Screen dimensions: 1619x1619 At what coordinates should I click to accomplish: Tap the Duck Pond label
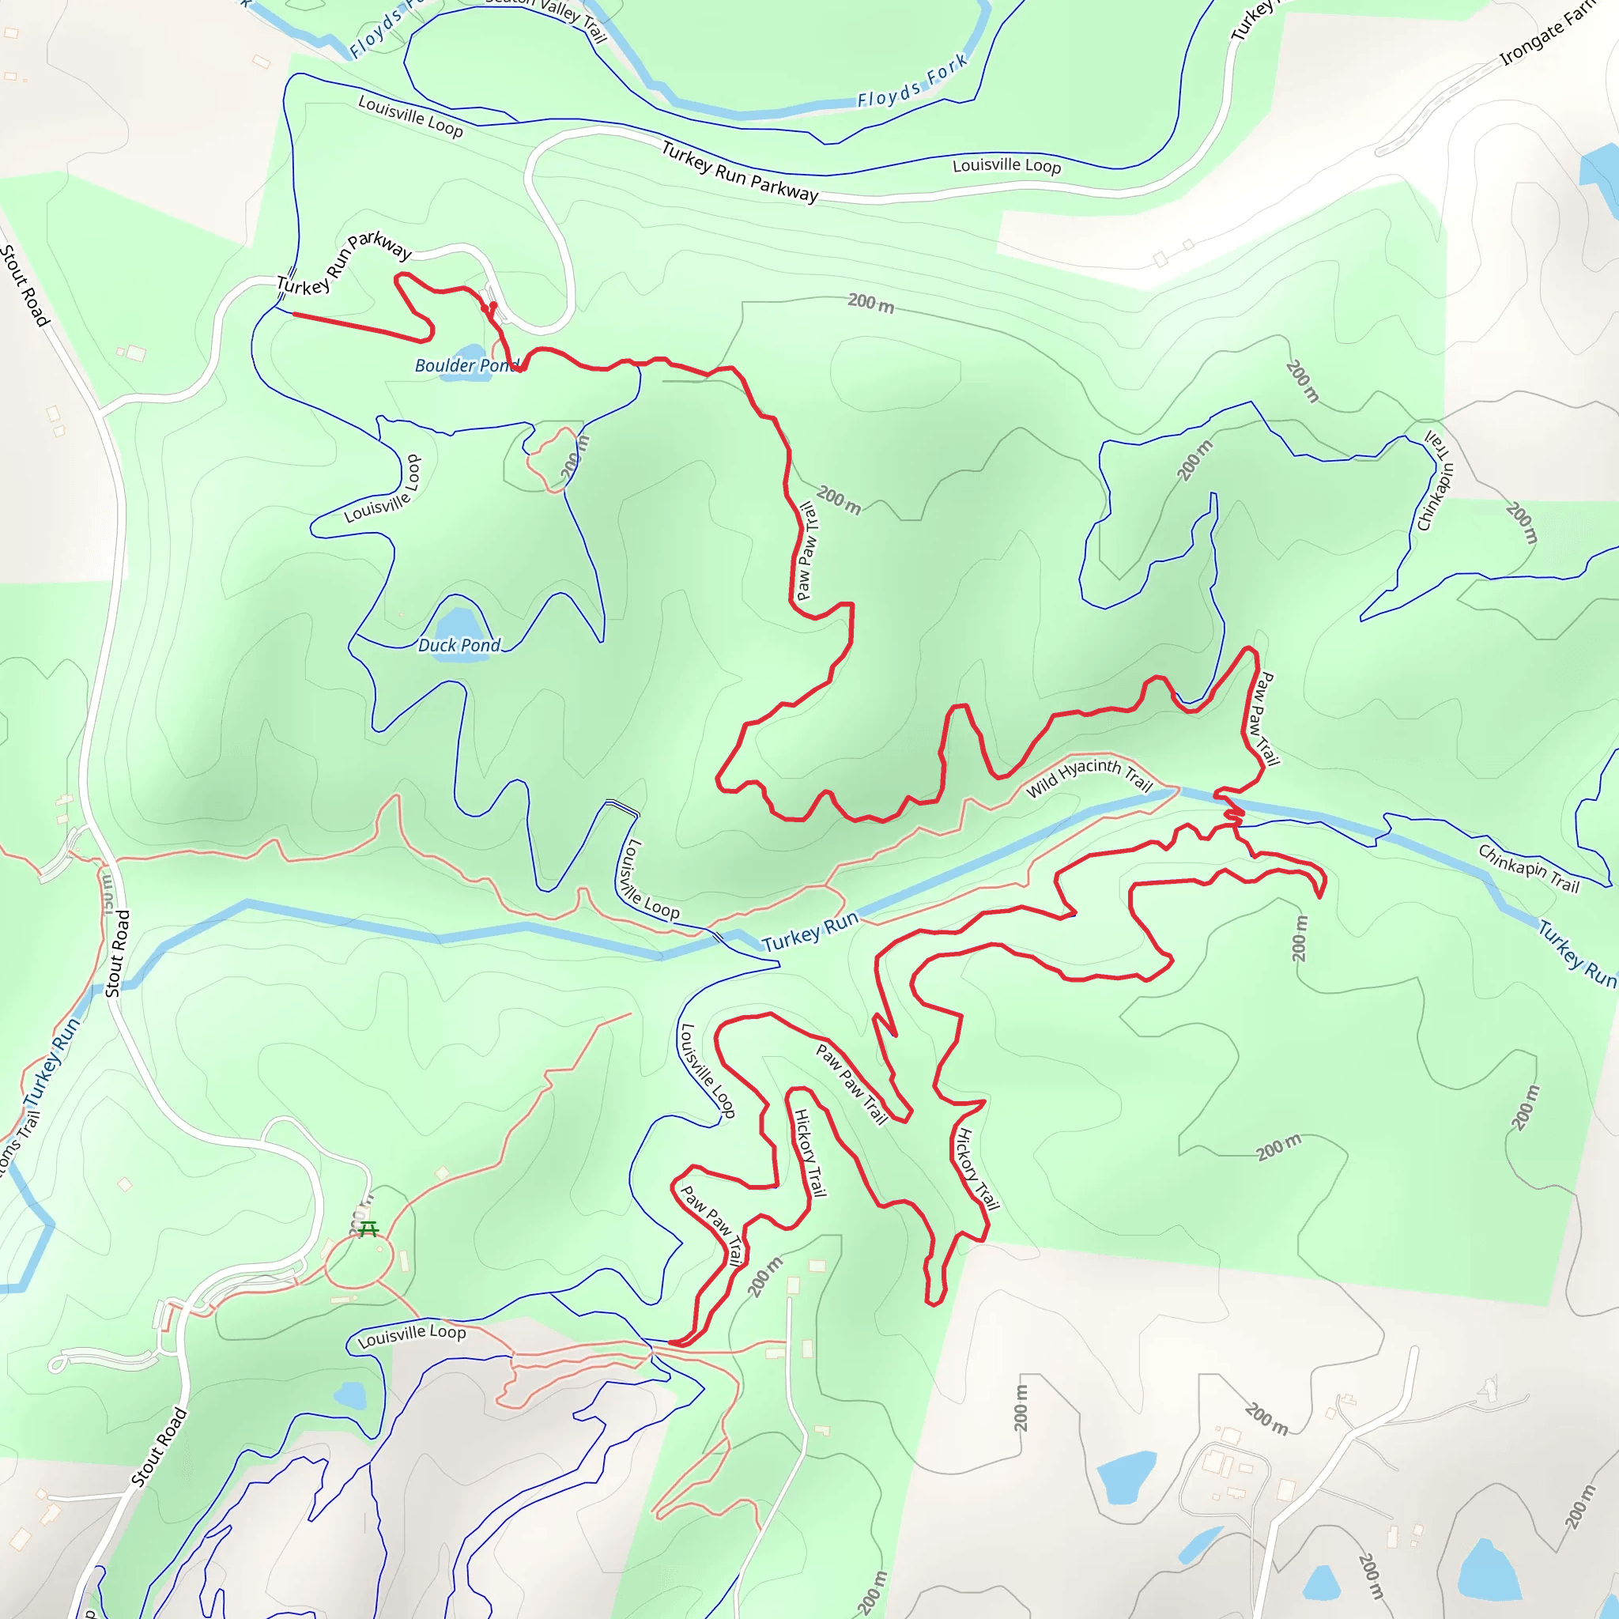[x=459, y=645]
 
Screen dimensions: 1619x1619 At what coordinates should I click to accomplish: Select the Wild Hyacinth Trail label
[x=1089, y=776]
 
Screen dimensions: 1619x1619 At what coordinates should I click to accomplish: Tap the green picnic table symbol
[x=368, y=1229]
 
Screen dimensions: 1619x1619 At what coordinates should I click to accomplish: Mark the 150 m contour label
[x=108, y=893]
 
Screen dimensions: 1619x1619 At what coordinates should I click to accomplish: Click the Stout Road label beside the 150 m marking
[x=118, y=953]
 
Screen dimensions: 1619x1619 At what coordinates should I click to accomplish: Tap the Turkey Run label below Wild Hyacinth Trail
[x=810, y=932]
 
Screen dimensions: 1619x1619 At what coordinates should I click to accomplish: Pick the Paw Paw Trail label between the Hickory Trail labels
[x=851, y=1084]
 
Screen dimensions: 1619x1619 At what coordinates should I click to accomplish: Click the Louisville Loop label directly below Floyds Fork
[x=1006, y=165]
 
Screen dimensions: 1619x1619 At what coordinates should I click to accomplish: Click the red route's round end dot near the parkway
[x=492, y=306]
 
